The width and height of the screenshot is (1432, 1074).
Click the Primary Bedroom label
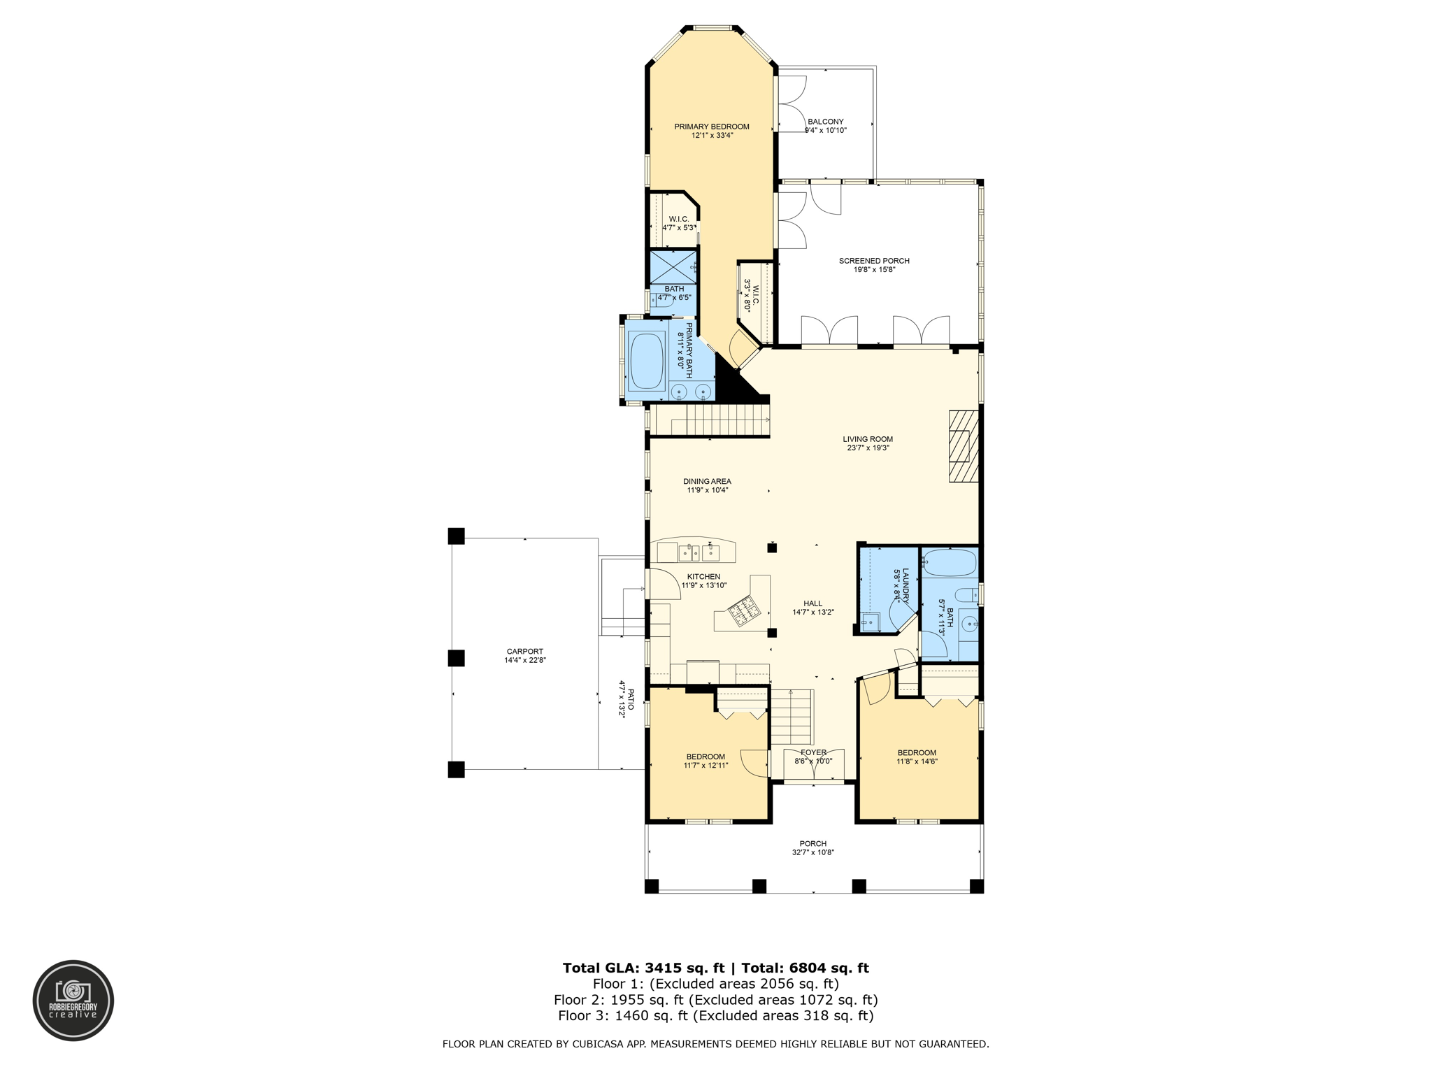coord(711,127)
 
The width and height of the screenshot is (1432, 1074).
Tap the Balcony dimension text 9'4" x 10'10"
coord(825,131)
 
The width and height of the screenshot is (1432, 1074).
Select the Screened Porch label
coord(874,261)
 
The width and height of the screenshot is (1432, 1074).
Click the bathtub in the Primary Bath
coord(647,361)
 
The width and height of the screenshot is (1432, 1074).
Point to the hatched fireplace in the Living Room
coord(963,445)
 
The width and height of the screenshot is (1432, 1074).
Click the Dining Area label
coord(707,481)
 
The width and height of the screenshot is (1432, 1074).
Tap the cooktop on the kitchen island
coord(741,613)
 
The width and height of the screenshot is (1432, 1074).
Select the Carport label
coord(524,651)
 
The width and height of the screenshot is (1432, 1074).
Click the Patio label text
coord(630,700)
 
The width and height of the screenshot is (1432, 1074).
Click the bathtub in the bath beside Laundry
coord(949,562)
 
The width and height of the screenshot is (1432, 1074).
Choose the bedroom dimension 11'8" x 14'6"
coord(917,761)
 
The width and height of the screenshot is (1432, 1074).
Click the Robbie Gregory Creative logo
coord(73,1001)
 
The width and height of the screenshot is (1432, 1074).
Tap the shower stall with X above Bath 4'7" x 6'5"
coord(673,266)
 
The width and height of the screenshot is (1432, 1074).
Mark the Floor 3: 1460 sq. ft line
coord(715,1016)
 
